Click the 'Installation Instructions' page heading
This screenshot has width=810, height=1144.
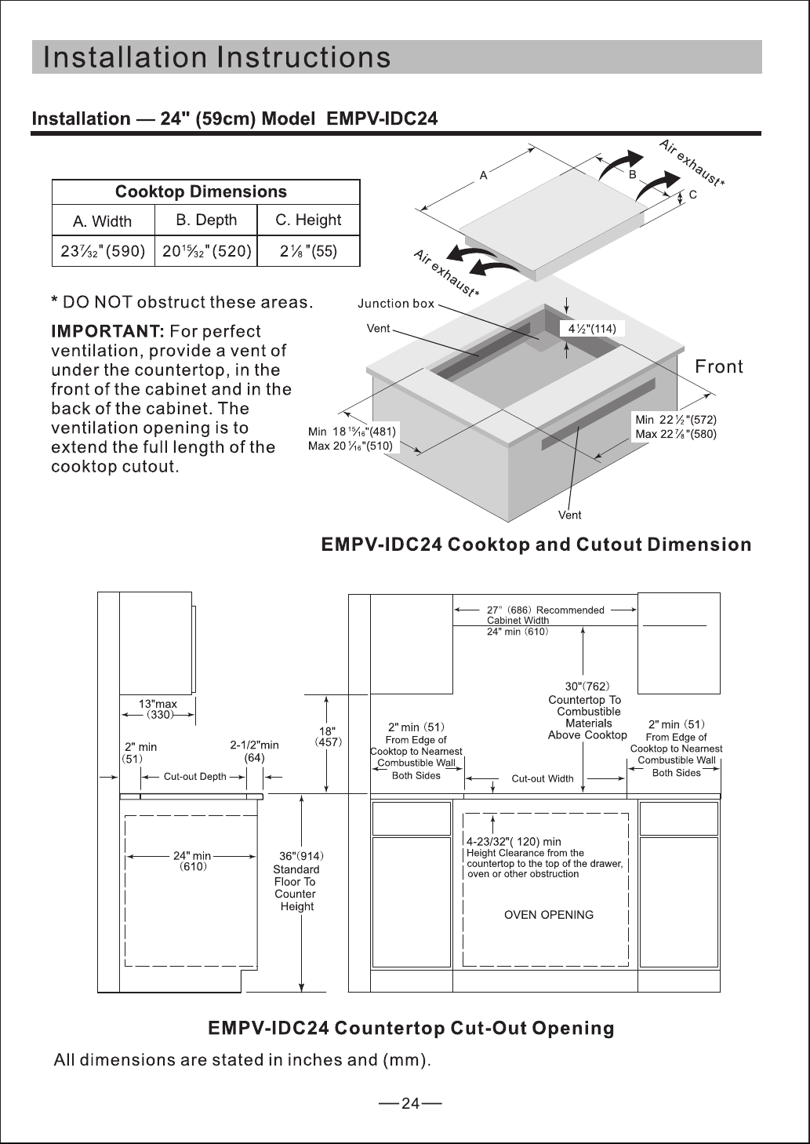pos(217,56)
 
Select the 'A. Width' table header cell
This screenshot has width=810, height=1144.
pos(103,220)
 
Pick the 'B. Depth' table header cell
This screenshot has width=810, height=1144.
pos(206,220)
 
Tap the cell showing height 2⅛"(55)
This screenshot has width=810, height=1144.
pos(309,251)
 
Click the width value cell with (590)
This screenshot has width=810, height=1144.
pos(103,251)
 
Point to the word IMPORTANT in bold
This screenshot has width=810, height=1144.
pos(107,331)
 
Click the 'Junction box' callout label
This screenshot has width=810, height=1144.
pos(395,304)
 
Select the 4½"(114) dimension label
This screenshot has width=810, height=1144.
pos(592,329)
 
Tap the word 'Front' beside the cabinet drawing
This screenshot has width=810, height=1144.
pos(718,366)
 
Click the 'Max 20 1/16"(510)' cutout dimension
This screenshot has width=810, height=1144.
pos(351,446)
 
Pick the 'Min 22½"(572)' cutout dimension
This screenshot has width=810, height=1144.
pos(676,420)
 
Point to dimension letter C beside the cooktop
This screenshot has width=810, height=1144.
pos(692,195)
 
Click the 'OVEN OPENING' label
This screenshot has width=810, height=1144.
pos(549,915)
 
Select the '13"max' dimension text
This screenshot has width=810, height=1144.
pos(158,704)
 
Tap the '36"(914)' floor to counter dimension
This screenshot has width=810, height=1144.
pos(301,856)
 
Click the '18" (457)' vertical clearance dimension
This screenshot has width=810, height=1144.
pos(328,737)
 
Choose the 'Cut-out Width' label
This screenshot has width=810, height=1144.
pos(543,778)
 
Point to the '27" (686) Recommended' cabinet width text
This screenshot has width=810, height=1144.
pos(545,610)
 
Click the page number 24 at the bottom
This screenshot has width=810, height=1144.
pos(410,1104)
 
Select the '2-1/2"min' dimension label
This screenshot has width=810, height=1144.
pos(254,745)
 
